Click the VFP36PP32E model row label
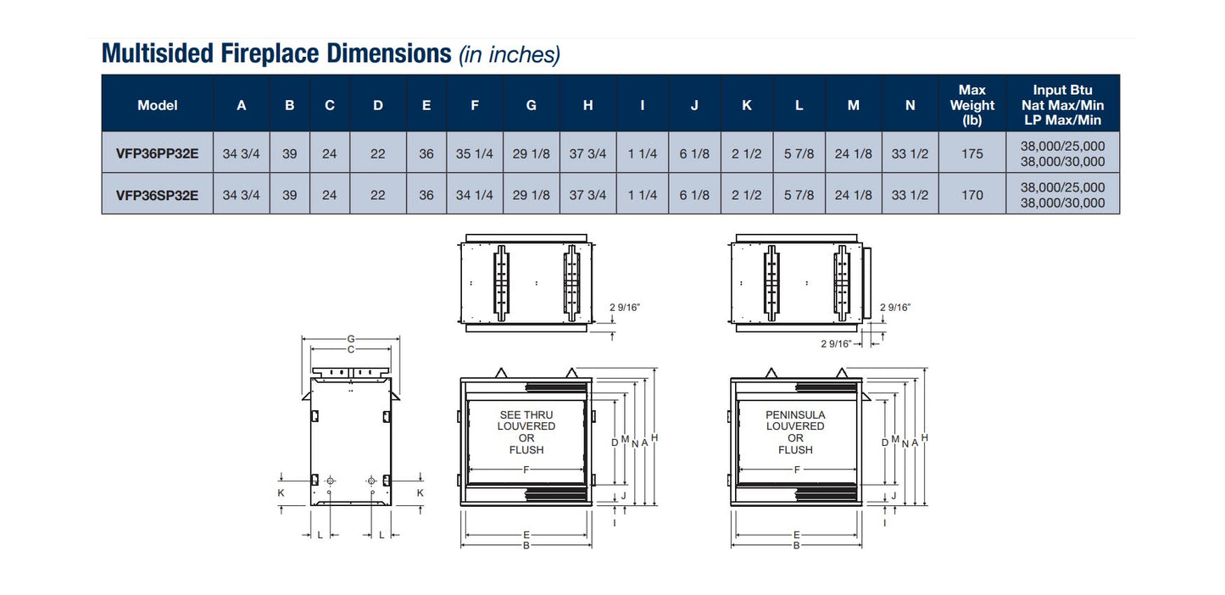157,153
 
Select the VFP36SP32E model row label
157,195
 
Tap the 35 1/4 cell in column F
475,153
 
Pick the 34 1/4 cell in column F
475,195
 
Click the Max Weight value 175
972,153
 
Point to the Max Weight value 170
972,195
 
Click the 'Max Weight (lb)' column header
972,105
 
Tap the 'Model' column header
157,105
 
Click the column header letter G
532,105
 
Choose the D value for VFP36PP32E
378,153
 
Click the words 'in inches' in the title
509,55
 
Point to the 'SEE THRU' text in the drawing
526,415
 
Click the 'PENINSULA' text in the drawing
795,415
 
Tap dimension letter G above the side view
350,339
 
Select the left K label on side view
281,492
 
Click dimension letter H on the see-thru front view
654,437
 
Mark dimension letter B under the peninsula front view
796,545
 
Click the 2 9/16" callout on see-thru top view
624,308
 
